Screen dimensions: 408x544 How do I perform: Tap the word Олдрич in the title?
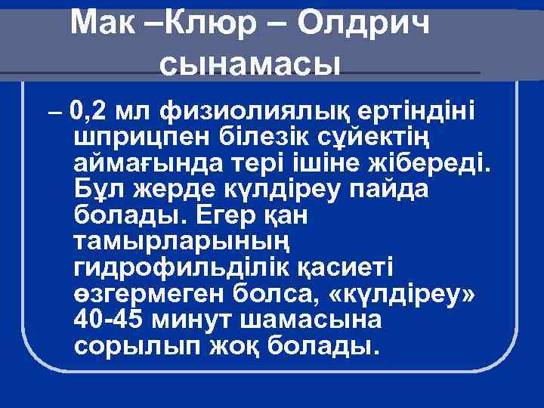364,23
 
